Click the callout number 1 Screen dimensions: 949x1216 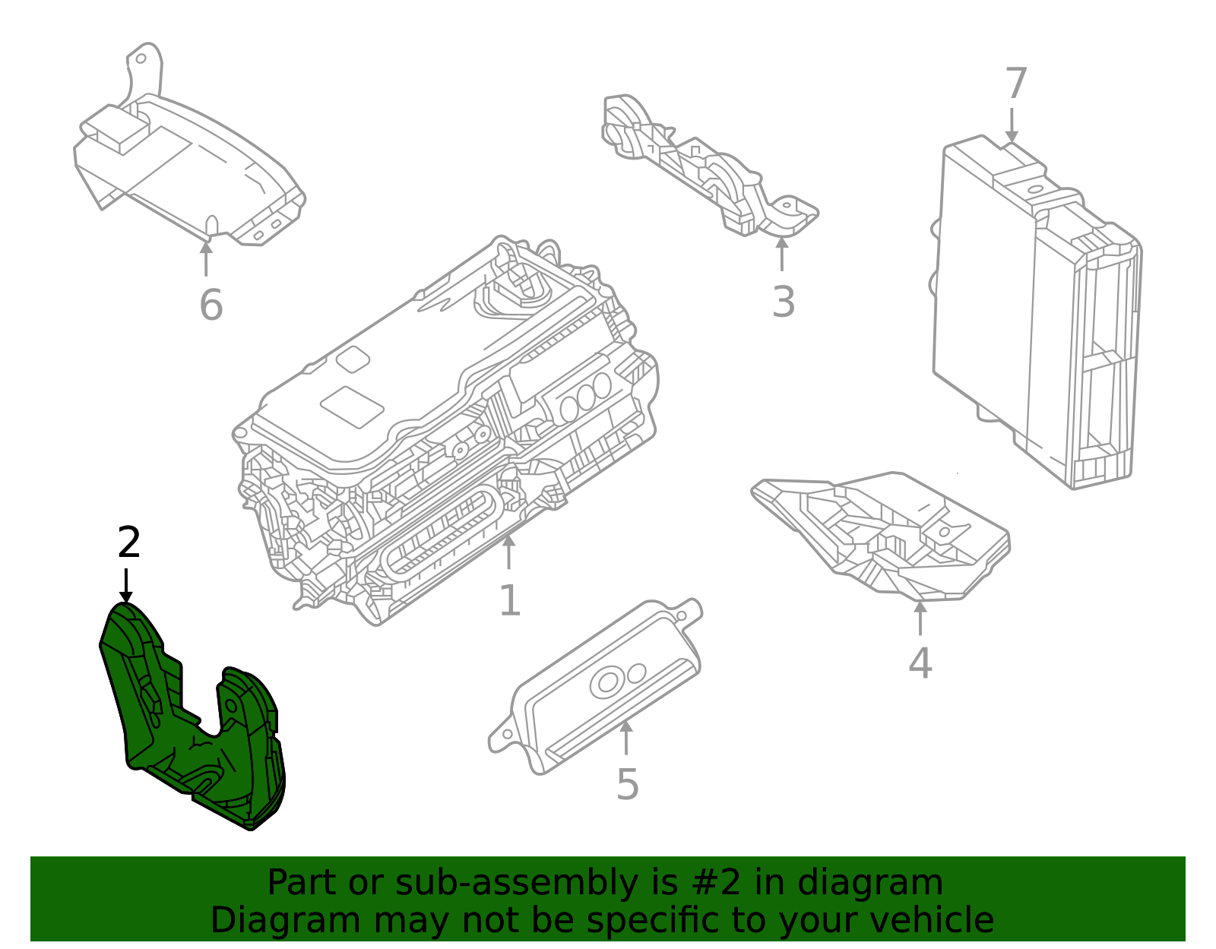coord(510,601)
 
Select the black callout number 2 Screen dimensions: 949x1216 coord(129,543)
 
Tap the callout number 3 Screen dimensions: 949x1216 coord(784,302)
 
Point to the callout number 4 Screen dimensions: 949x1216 coord(920,663)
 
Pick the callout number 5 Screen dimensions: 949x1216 coord(628,784)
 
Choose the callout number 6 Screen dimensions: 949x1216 coord(211,305)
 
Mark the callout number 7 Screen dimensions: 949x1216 coord(1016,84)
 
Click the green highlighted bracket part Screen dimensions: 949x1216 coord(190,729)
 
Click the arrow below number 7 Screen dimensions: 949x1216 coord(1012,125)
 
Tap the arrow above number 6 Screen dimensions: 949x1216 coord(206,258)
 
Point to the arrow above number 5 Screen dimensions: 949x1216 coord(626,737)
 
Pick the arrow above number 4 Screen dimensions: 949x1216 coord(920,617)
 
